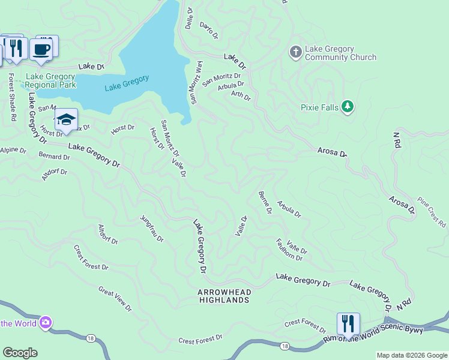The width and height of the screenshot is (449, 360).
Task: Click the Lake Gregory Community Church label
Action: click(340, 53)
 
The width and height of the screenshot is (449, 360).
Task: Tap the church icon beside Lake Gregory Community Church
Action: click(295, 52)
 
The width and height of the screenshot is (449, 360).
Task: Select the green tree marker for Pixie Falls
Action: click(346, 107)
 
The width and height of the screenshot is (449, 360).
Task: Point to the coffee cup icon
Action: click(41, 49)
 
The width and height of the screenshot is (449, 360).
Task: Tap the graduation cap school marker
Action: click(66, 119)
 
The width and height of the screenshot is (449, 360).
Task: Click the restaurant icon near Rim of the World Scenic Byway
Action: click(348, 324)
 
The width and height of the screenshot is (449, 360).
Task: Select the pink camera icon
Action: click(46, 323)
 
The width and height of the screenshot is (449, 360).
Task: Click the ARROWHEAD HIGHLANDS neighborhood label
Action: click(224, 295)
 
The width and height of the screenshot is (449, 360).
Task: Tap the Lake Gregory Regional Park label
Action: click(50, 80)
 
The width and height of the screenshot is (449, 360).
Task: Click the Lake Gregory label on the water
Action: click(127, 83)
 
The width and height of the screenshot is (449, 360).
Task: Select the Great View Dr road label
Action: click(115, 298)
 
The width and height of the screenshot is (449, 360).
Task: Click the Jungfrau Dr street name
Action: click(152, 229)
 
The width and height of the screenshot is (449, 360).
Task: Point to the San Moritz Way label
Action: click(196, 82)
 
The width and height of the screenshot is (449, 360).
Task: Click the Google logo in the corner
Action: click(20, 353)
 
